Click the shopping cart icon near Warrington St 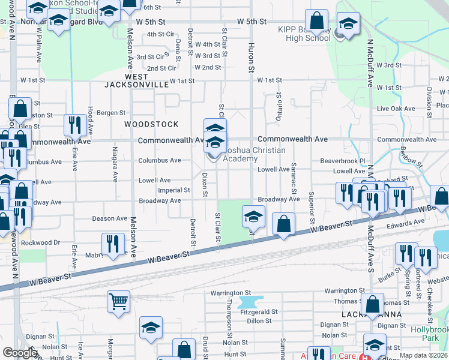[118, 301]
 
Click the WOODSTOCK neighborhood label [151, 124]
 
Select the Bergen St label [111, 113]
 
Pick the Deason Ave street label [109, 219]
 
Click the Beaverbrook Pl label [342, 161]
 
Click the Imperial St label [174, 190]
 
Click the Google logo [20, 353]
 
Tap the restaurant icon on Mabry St [113, 243]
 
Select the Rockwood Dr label [41, 242]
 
